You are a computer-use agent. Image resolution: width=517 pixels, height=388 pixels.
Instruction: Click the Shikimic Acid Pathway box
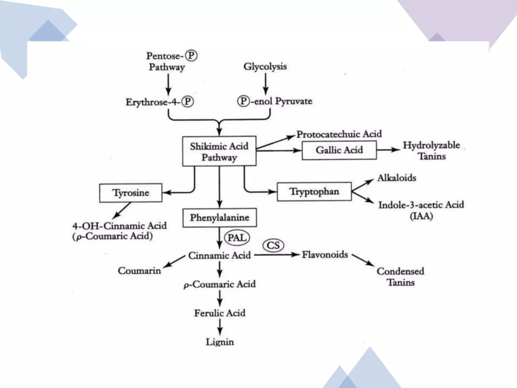point(219,151)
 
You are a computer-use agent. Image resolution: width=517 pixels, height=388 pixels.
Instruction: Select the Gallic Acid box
point(339,150)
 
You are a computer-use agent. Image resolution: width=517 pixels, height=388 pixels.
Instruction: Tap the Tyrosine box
point(131,193)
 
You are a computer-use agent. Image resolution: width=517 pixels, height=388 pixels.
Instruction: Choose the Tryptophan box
point(314,192)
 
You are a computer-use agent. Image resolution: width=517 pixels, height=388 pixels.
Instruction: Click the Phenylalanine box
point(220,217)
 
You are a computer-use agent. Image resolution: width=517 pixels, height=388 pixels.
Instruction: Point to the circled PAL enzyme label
point(237,238)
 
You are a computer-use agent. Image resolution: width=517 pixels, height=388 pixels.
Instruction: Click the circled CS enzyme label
point(273,245)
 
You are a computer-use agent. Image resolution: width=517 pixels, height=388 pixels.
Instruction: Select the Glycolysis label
point(265,66)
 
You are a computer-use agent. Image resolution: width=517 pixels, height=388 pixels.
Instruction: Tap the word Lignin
point(220,342)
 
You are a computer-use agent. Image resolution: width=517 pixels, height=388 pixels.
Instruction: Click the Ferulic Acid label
point(220,313)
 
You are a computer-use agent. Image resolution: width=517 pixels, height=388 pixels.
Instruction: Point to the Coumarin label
point(139,271)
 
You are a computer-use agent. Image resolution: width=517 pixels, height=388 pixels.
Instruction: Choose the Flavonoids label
point(325,255)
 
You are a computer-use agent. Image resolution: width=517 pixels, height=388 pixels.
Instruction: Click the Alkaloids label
point(397,178)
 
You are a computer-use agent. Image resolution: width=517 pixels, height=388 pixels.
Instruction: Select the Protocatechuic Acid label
point(339,134)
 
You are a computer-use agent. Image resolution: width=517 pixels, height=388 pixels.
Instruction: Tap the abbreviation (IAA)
point(421,216)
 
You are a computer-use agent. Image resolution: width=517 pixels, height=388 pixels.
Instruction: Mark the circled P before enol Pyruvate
point(243,101)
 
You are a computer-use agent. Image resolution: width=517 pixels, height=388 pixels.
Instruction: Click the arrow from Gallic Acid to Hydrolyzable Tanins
point(388,150)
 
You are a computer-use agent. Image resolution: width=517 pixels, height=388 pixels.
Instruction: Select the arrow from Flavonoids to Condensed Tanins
point(363,260)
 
